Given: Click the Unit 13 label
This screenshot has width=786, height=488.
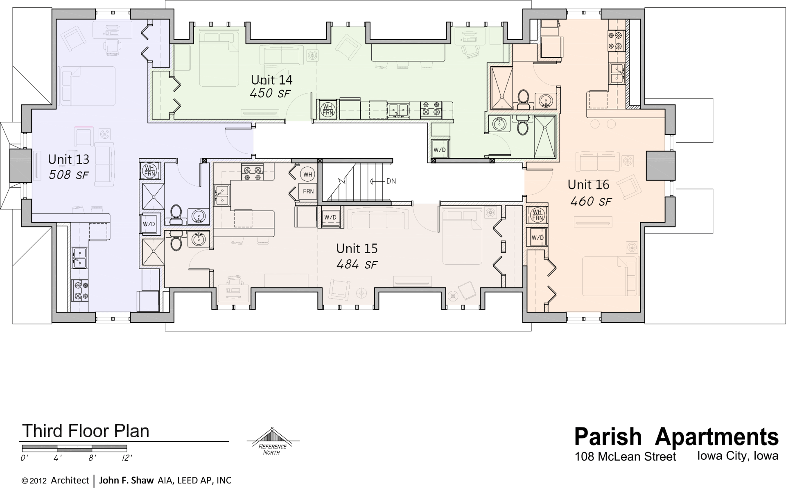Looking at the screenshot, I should click(x=68, y=159).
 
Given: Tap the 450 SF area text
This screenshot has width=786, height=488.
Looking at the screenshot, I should click(x=270, y=93).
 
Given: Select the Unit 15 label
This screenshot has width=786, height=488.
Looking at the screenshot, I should click(x=357, y=248).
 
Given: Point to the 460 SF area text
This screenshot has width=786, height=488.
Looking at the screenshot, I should click(x=591, y=201).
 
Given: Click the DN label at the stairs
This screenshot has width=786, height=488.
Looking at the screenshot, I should click(x=391, y=181).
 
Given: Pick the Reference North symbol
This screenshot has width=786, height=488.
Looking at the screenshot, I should click(x=272, y=442).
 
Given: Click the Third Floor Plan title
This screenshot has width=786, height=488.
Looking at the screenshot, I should click(x=86, y=431).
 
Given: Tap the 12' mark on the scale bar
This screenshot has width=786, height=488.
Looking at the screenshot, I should click(x=126, y=458).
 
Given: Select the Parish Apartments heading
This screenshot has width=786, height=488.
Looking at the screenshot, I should click(x=676, y=436).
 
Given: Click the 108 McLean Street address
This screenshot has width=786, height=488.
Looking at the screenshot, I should click(x=625, y=457).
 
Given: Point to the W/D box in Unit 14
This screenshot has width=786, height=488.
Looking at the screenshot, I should click(x=439, y=150).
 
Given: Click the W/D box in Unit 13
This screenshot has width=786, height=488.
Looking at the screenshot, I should click(x=149, y=224).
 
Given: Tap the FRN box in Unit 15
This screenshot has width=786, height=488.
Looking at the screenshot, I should click(x=308, y=191).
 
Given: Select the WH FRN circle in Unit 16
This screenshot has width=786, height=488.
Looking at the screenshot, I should click(x=537, y=215).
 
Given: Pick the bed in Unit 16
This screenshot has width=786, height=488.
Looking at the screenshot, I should click(x=609, y=276).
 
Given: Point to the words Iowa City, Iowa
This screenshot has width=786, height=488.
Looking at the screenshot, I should click(x=737, y=456).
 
